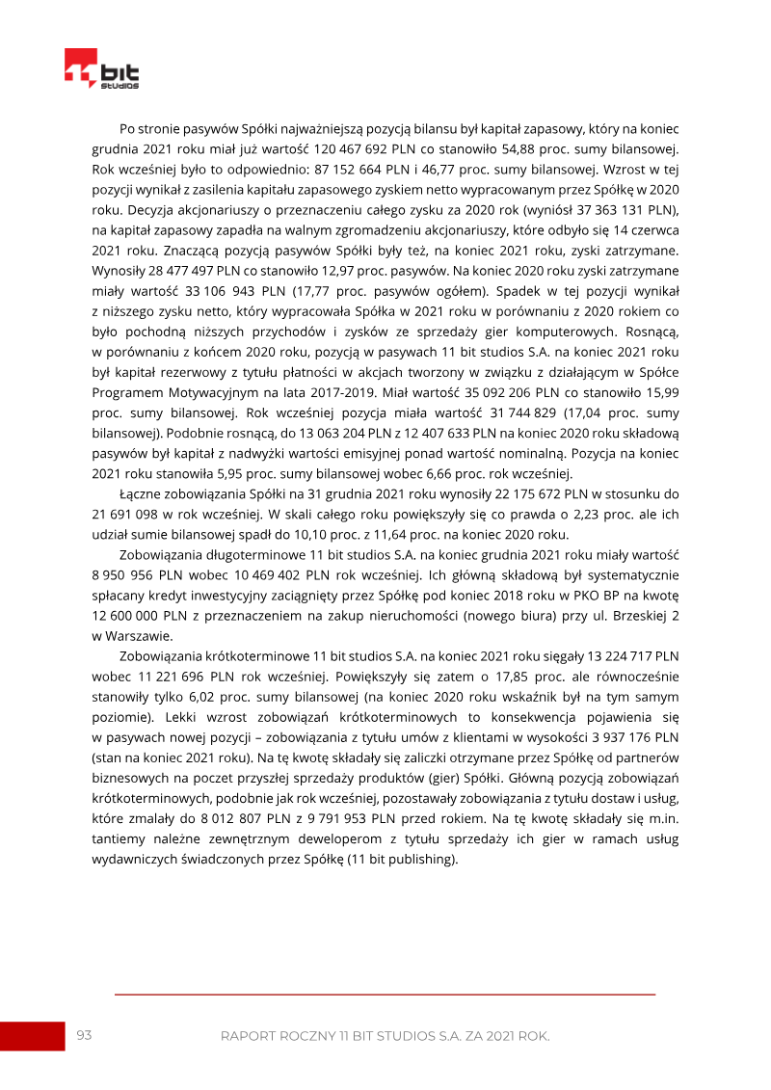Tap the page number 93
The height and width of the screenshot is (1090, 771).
click(x=84, y=1035)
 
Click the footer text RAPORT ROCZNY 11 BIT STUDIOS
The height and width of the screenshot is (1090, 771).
click(x=385, y=1036)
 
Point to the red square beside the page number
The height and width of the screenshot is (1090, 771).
click(x=32, y=1036)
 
